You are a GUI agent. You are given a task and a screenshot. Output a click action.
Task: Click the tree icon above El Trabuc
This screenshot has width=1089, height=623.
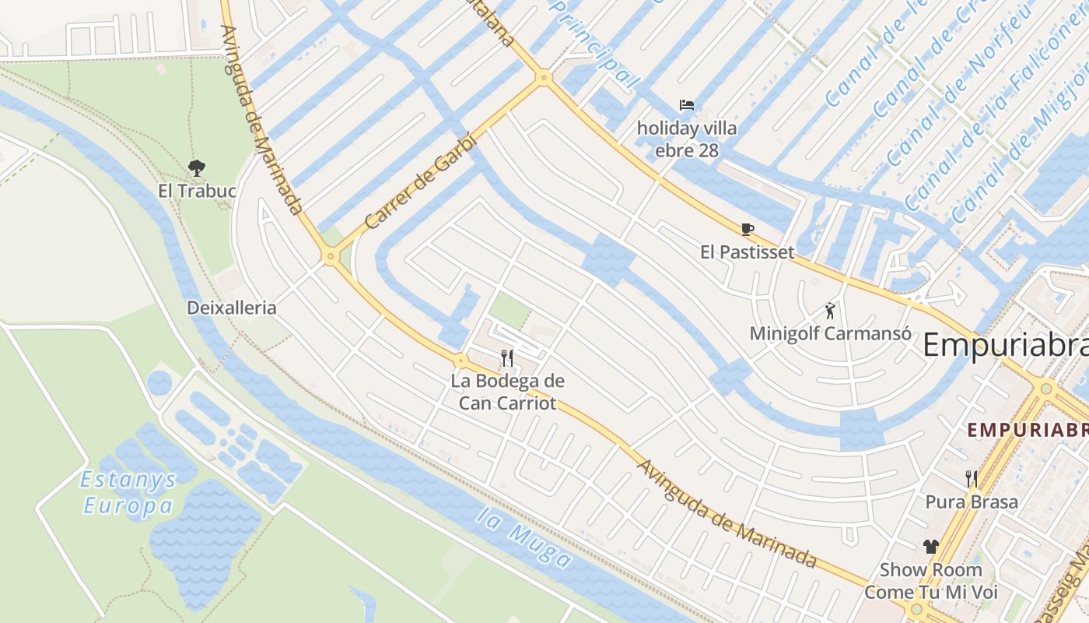[x=196, y=167]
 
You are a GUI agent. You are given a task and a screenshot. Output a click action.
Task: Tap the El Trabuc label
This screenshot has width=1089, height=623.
[x=197, y=191]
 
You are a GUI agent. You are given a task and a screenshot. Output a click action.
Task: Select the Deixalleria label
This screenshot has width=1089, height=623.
[x=231, y=308]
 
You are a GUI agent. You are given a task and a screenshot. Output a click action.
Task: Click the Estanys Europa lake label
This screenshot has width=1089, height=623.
[x=128, y=493]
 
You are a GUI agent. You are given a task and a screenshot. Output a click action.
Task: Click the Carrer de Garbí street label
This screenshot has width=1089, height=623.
[x=409, y=184]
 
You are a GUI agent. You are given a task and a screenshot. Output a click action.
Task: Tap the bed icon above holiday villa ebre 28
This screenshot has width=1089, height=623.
[x=686, y=105]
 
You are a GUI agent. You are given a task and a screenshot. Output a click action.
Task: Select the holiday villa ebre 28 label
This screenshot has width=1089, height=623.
[x=687, y=139]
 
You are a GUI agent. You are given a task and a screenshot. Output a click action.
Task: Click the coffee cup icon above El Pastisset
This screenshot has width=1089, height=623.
[x=748, y=229]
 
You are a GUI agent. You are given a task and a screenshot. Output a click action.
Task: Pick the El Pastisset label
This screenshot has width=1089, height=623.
[x=748, y=252]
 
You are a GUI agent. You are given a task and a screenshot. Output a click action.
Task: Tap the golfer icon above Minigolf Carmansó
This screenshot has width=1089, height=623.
[x=830, y=311]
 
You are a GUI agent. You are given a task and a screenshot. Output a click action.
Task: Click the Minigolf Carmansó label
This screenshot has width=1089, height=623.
[x=830, y=333]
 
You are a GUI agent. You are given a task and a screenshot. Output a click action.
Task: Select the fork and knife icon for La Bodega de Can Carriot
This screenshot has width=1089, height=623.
[x=507, y=357]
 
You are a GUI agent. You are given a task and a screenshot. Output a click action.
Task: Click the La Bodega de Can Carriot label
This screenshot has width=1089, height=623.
[x=507, y=392]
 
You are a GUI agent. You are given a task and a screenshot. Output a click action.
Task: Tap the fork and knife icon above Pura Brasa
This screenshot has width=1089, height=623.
[x=972, y=479]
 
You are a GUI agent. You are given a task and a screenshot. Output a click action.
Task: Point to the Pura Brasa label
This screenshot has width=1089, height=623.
[x=972, y=502]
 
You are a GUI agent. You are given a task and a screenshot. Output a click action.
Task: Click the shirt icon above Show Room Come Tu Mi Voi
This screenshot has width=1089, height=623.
[x=930, y=547]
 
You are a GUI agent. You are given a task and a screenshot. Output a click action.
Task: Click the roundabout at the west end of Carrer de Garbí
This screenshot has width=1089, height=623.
[x=331, y=255]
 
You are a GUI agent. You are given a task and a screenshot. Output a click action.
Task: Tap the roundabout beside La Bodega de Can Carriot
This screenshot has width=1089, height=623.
[x=460, y=361]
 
